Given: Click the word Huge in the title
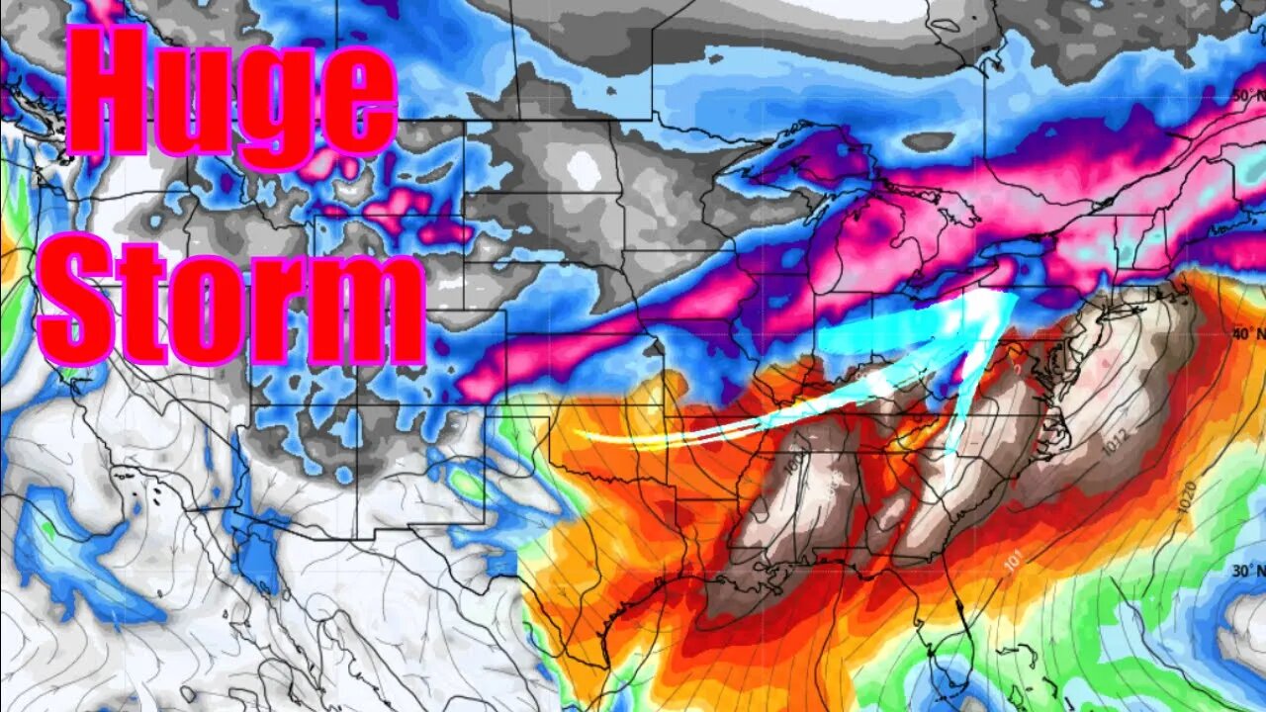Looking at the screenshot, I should point(233,94).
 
